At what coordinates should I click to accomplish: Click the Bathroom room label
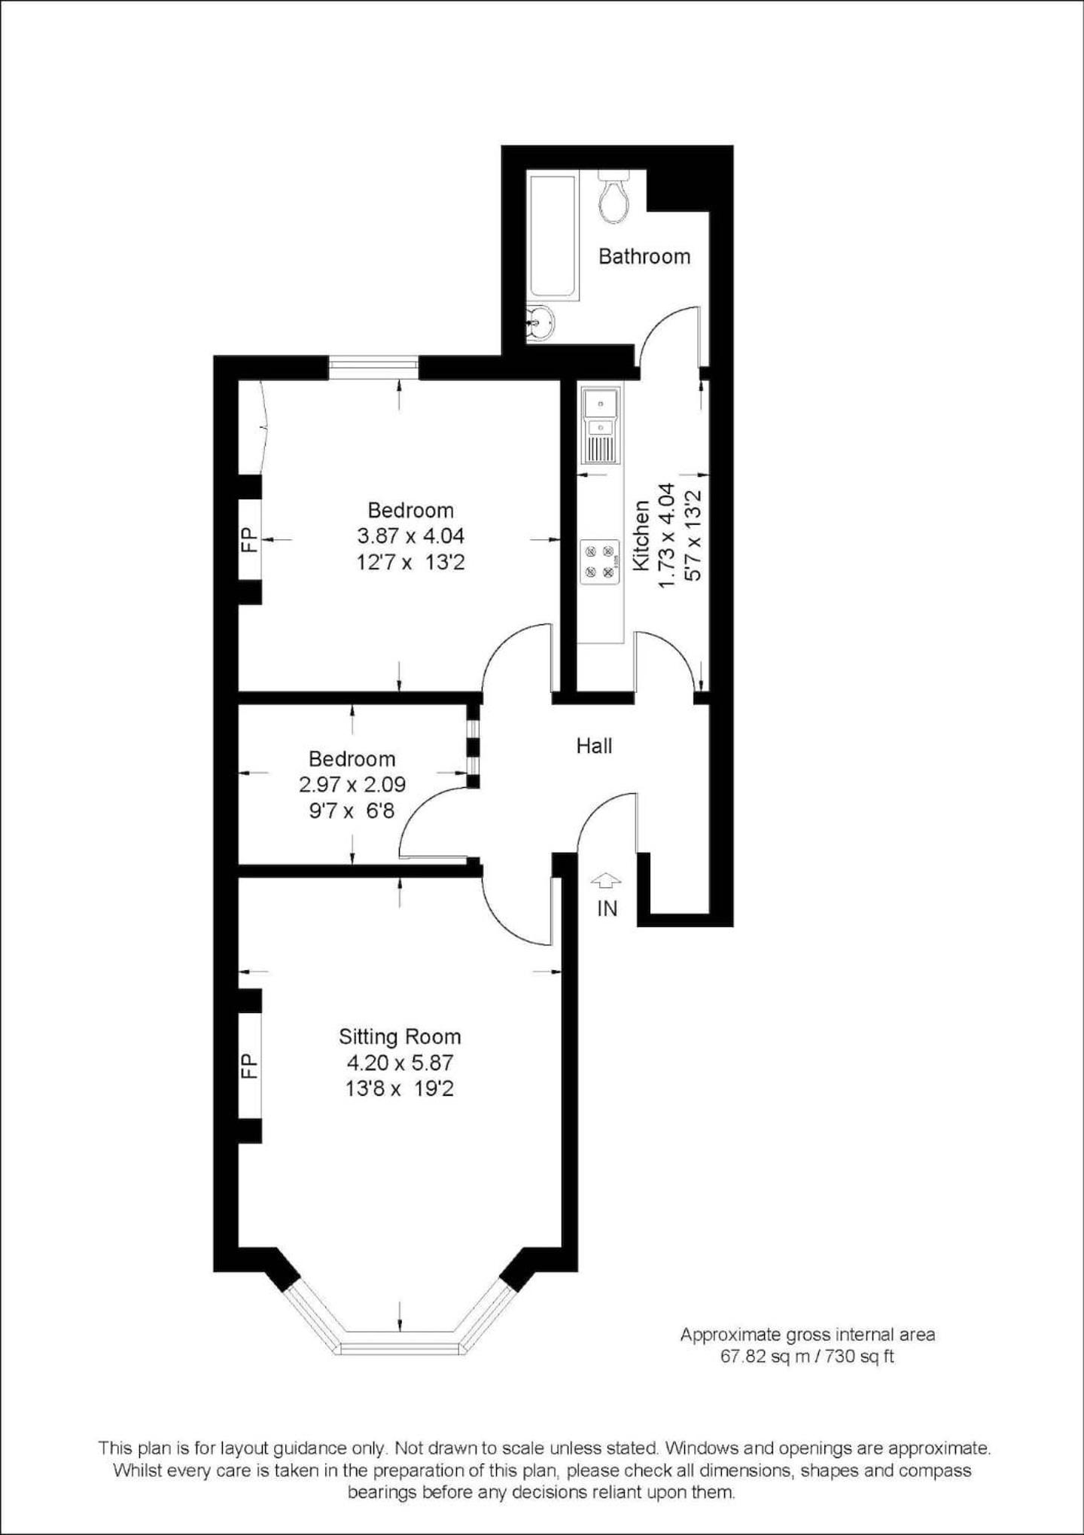(644, 257)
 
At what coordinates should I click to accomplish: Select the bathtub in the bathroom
(553, 237)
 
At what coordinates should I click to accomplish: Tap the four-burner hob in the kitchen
(601, 562)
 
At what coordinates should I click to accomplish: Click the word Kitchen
(642, 536)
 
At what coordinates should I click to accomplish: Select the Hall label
(594, 746)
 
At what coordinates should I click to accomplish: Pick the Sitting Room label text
(400, 1036)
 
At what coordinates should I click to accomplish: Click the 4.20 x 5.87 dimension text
(400, 1063)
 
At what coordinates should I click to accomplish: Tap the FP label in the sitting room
(249, 1066)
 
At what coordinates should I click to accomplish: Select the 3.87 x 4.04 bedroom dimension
(410, 536)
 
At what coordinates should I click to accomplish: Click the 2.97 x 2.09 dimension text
(352, 784)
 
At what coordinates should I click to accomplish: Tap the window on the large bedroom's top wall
(373, 367)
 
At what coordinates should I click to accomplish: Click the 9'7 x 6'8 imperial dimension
(352, 810)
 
